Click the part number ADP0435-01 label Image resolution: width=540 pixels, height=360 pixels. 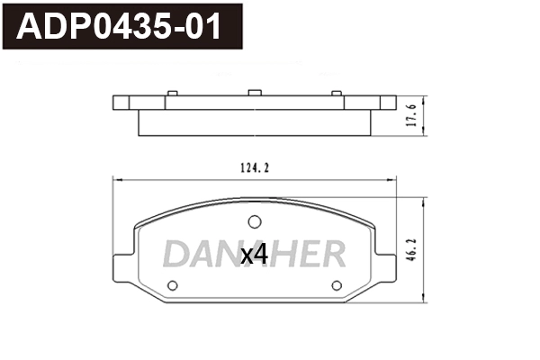(119, 28)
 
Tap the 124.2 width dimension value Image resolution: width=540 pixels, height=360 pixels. (256, 167)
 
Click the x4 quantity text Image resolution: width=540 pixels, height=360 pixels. (255, 256)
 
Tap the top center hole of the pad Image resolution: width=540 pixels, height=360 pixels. (255, 221)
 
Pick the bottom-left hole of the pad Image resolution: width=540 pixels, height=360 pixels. (174, 285)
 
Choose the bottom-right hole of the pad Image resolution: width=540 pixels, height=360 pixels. (337, 285)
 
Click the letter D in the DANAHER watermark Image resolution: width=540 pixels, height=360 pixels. (176, 255)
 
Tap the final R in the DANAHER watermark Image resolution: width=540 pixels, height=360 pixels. (332, 255)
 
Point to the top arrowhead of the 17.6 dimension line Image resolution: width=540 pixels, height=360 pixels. (423, 97)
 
